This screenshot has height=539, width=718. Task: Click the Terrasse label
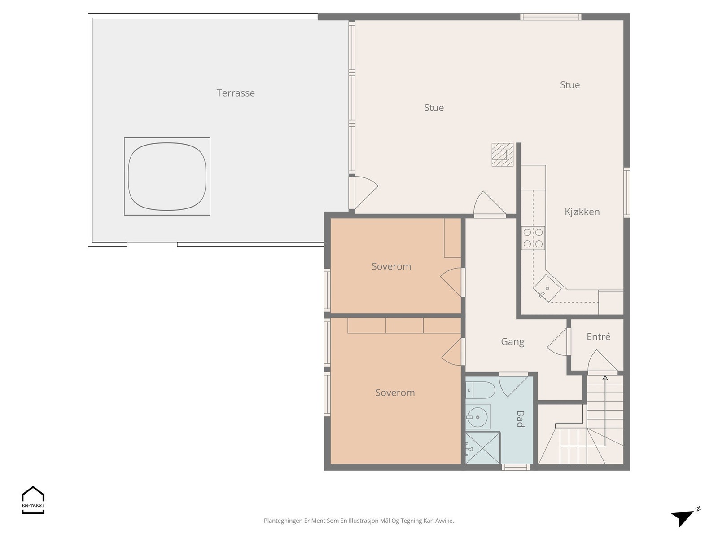pos(236,93)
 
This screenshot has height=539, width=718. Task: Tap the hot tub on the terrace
pos(167,176)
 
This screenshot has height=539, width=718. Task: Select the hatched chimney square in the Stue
pos(502,155)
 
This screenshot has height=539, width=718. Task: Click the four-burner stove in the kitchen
pos(533,238)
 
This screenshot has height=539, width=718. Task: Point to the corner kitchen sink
pos(547,288)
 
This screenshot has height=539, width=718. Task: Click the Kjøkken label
pos(582,212)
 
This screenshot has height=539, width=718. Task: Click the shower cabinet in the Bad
pos(482,448)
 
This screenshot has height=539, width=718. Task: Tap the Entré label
pos(598,336)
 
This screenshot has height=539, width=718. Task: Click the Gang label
pos(512,342)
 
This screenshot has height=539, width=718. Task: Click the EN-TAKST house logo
pos(33,499)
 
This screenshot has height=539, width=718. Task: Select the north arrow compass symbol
pos(683,517)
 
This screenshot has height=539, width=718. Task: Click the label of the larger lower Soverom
pos(395,393)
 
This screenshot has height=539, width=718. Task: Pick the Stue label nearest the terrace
pos(434,108)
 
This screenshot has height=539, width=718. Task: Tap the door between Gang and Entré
pos(559,342)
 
